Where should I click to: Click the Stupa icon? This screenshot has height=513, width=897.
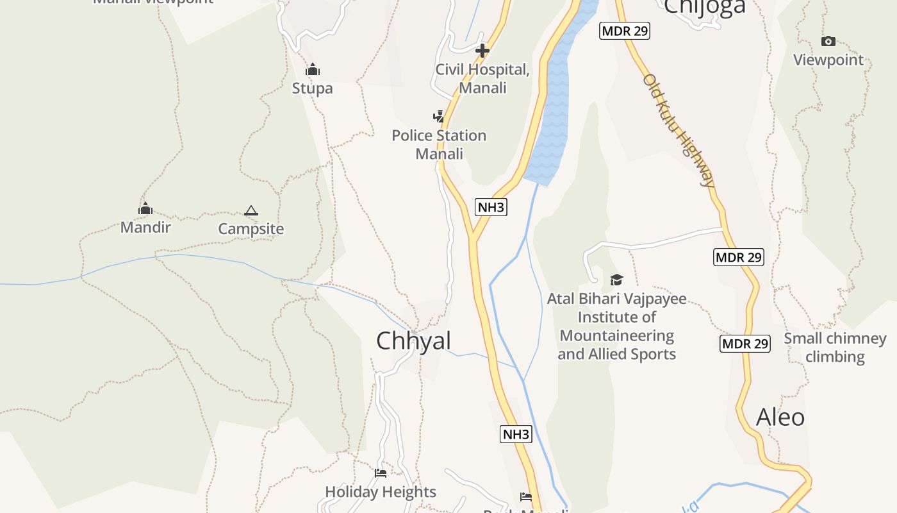(313, 69)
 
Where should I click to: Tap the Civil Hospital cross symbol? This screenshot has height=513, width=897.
(482, 50)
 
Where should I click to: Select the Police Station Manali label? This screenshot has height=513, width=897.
(439, 144)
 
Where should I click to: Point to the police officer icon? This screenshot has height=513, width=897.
(438, 117)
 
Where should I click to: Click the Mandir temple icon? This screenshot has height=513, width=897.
(145, 208)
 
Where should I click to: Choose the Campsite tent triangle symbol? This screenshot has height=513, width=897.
(251, 210)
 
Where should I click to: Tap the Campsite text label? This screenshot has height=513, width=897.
(251, 229)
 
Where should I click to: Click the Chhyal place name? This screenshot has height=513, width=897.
(413, 341)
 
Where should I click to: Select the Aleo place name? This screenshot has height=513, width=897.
(780, 417)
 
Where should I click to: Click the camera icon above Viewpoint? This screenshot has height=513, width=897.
(828, 42)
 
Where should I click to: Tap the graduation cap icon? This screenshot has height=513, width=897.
(616, 280)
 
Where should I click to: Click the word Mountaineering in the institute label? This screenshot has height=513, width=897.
(616, 336)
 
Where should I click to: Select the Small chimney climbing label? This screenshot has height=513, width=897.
(835, 348)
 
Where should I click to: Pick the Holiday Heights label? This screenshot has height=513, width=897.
(381, 492)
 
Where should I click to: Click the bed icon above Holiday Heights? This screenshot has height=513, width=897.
(381, 473)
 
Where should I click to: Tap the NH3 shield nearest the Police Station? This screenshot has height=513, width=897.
(491, 207)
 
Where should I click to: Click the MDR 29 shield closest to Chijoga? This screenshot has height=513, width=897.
(625, 31)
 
